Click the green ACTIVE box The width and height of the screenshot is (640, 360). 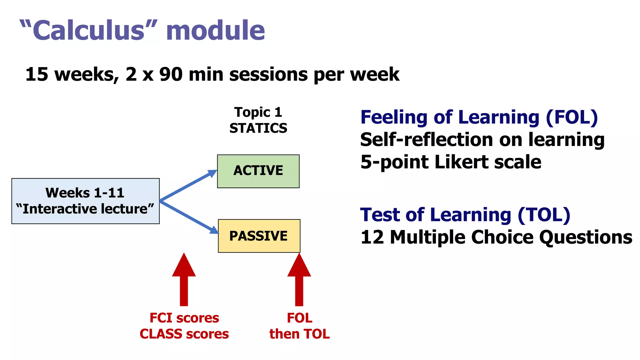pyautogui.click(x=258, y=171)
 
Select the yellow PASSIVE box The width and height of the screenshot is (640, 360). pyautogui.click(x=259, y=236)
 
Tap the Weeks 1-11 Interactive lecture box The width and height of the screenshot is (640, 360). pyautogui.click(x=85, y=201)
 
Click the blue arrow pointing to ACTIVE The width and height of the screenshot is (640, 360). pyautogui.click(x=187, y=185)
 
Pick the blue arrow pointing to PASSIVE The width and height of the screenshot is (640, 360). pyautogui.click(x=187, y=216)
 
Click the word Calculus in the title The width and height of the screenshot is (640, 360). pyautogui.click(x=89, y=30)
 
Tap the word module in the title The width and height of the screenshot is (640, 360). pyautogui.click(x=215, y=30)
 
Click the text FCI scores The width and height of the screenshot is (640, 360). pyautogui.click(x=184, y=318)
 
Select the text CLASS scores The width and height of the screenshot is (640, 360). pyautogui.click(x=184, y=334)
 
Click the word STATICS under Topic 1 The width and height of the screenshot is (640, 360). pyautogui.click(x=258, y=128)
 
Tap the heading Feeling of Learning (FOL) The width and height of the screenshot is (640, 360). pyautogui.click(x=479, y=117)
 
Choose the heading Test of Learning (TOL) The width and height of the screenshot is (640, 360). pyautogui.click(x=465, y=215)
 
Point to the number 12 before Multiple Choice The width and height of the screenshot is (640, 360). pyautogui.click(x=372, y=237)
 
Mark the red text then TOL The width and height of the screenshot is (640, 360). pyautogui.click(x=299, y=334)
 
